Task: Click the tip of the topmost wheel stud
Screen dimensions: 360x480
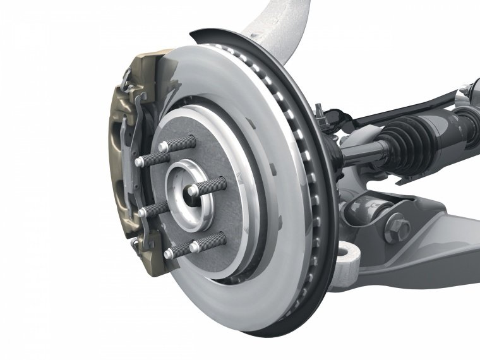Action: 163,146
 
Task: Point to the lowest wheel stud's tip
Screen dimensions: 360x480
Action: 170,253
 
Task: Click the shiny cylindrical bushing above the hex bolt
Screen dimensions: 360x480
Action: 366,205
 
